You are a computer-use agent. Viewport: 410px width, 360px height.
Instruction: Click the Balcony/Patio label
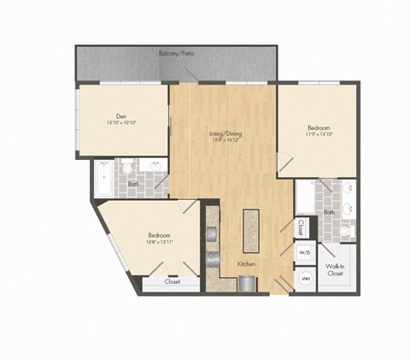[178, 54]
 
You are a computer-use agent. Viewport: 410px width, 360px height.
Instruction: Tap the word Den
[120, 115]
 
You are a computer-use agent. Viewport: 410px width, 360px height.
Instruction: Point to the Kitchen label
[246, 266]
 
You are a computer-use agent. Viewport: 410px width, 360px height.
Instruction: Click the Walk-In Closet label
[335, 270]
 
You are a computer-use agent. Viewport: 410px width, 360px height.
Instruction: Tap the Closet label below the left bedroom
[172, 281]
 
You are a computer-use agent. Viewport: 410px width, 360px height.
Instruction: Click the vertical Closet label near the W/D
[302, 227]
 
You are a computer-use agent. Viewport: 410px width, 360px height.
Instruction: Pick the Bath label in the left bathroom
[133, 184]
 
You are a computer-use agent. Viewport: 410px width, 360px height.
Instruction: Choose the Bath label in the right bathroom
[330, 212]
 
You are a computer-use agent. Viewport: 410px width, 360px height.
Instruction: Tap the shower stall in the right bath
[306, 198]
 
